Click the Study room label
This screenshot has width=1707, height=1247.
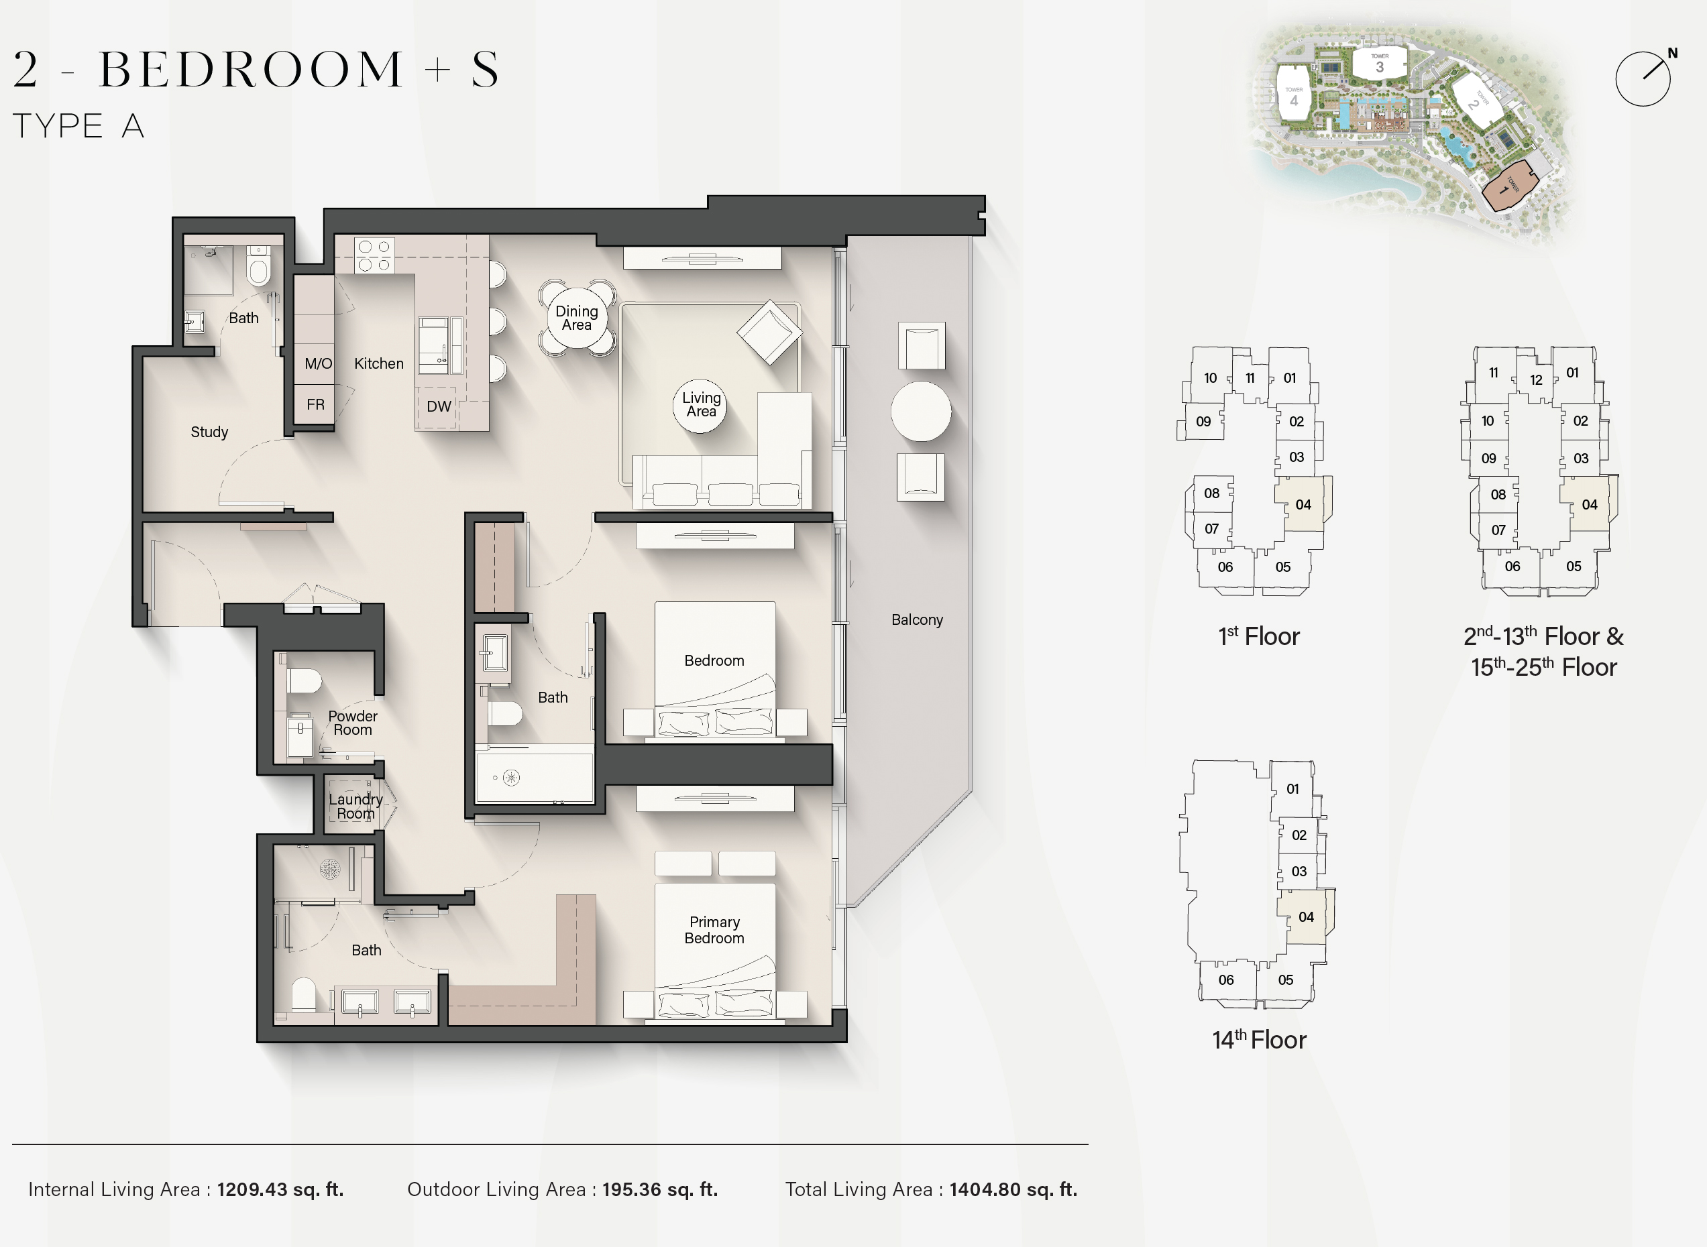[209, 432]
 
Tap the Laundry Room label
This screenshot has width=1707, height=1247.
[355, 806]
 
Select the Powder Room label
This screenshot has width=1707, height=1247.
[353, 722]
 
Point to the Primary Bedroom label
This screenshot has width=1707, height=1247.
[714, 930]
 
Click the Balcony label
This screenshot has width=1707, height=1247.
[918, 619]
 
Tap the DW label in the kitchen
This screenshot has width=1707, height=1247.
[439, 406]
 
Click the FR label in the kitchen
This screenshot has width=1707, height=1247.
[316, 404]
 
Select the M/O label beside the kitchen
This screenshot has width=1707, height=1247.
[318, 364]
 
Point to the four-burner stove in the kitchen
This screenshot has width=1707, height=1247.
[374, 255]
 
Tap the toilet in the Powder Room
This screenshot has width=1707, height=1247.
[303, 680]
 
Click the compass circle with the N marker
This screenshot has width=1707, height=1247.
[1643, 78]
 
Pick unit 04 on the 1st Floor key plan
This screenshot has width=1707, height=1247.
[1303, 504]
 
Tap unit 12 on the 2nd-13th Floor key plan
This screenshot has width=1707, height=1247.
[1535, 379]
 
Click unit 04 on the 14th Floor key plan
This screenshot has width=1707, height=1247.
[1306, 916]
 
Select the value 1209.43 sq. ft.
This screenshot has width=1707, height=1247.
[280, 1189]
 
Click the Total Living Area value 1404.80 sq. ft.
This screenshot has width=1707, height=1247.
[1013, 1189]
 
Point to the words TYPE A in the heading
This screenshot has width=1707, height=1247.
[78, 126]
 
